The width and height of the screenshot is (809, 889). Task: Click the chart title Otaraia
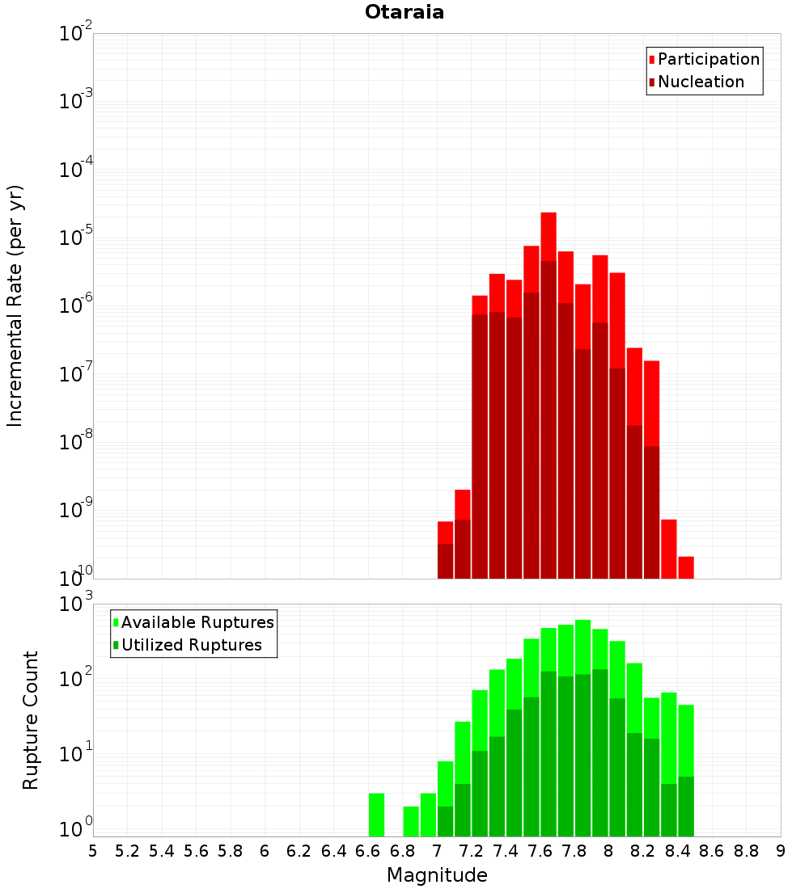[x=404, y=12]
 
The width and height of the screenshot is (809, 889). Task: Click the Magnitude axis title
[x=437, y=875]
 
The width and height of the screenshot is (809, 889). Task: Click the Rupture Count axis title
[x=31, y=719]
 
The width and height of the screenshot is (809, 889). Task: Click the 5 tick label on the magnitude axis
[x=93, y=850]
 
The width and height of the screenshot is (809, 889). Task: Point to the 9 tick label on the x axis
[x=781, y=850]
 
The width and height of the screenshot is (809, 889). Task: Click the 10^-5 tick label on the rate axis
[x=75, y=238]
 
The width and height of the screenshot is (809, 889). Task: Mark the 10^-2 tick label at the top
[x=75, y=34]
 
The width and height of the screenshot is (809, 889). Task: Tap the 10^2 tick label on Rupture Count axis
[x=75, y=677]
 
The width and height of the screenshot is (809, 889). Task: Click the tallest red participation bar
[x=549, y=234]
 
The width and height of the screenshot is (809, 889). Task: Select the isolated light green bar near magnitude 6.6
[x=376, y=815]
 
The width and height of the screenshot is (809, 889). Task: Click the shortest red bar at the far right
[x=686, y=567]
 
